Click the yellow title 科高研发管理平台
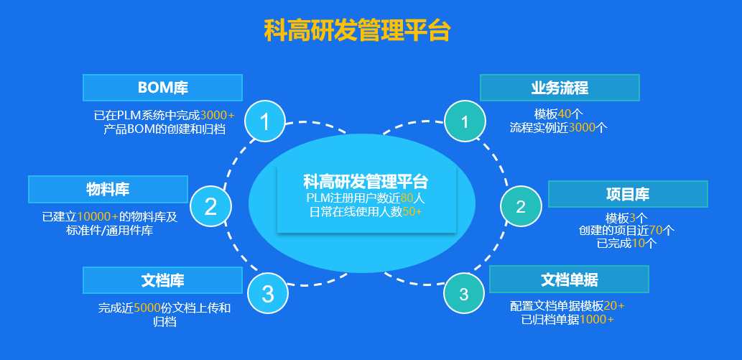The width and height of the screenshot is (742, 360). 357,31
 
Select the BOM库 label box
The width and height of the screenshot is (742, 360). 162,88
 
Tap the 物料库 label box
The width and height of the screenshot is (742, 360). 108,189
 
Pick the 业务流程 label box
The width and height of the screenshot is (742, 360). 560,88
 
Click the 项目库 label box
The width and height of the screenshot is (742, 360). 628,194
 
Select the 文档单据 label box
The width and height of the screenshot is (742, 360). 569,279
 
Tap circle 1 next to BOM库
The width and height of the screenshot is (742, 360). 265,122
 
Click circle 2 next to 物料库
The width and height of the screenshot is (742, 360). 211,207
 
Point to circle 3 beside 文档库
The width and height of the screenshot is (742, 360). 268,293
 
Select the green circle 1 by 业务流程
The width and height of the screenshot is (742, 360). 465,121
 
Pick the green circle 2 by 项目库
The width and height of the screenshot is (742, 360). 521,207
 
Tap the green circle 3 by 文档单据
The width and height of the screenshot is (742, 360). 464,293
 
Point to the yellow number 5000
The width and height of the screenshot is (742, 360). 147,308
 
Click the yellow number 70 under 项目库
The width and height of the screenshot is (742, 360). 656,231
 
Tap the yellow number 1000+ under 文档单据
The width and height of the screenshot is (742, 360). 596,319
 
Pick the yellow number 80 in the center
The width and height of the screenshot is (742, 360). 407,198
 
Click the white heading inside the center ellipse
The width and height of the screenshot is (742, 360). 366,181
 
